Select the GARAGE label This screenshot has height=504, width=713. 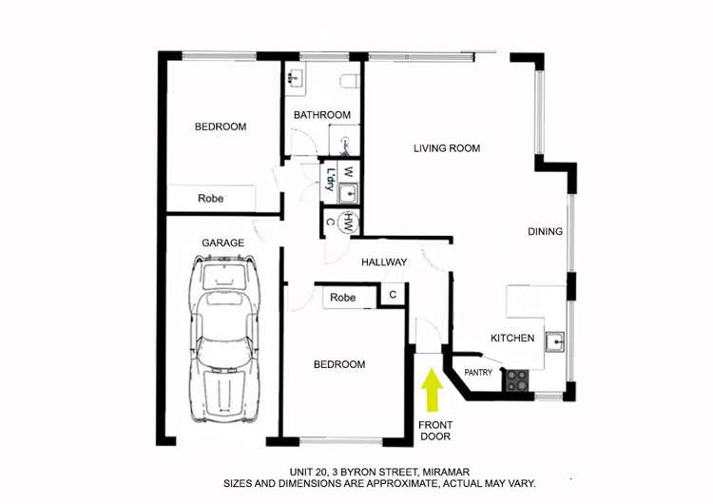pyautogui.click(x=222, y=243)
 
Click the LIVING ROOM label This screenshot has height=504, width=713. pyautogui.click(x=446, y=148)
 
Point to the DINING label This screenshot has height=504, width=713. pyautogui.click(x=545, y=231)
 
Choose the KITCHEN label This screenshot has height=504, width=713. pyautogui.click(x=511, y=339)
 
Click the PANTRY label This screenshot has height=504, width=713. pyautogui.click(x=479, y=373)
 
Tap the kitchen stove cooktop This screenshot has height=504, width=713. pyautogui.click(x=517, y=380)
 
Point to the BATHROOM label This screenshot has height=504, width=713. pyautogui.click(x=321, y=115)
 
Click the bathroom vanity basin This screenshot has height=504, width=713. pyautogui.click(x=296, y=79)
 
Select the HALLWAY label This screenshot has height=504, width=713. pyautogui.click(x=384, y=262)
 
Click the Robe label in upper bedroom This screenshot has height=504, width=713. pyautogui.click(x=210, y=199)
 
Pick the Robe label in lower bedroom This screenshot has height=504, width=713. pyautogui.click(x=342, y=298)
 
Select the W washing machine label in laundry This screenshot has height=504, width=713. pyautogui.click(x=348, y=173)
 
